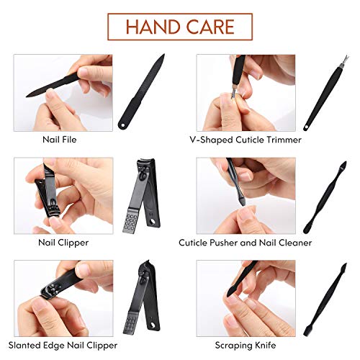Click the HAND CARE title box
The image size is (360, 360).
point(180,27)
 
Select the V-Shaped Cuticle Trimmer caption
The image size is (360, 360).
point(246,140)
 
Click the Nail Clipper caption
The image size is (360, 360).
point(63,243)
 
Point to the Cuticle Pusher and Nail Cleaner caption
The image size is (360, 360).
point(246,243)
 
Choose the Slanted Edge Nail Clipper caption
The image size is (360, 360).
point(63,345)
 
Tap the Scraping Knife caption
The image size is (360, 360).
point(246,345)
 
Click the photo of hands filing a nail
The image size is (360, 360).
point(63,92)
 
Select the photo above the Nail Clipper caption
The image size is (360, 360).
point(63,194)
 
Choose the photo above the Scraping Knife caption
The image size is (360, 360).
point(246,297)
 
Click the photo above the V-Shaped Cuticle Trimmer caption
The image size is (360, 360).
point(246,92)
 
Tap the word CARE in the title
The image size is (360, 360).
point(210,27)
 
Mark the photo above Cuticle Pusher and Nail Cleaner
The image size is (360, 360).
point(246,194)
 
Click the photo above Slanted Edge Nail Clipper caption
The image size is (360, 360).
point(63,297)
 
